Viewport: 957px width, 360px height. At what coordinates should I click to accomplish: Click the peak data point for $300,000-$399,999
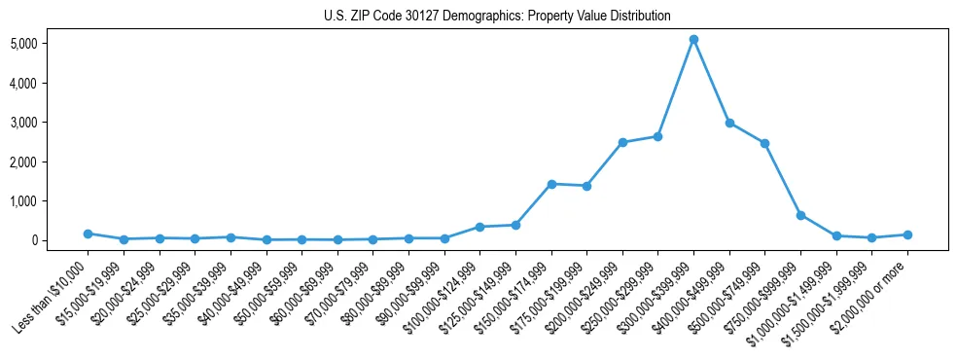[693, 40]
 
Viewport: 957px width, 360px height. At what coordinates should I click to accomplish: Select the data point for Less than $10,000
[88, 234]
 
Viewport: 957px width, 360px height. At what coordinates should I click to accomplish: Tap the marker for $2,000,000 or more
[907, 234]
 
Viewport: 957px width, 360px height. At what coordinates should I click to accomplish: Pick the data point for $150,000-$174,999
[551, 184]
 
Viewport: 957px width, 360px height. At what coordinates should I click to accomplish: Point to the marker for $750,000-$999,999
[800, 215]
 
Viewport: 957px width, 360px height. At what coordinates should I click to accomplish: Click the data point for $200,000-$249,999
[622, 142]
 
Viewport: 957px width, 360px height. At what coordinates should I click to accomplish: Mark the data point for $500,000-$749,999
[764, 143]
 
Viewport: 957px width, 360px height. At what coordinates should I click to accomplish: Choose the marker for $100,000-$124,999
[479, 227]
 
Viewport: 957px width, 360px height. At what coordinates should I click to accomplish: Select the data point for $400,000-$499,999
[729, 123]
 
